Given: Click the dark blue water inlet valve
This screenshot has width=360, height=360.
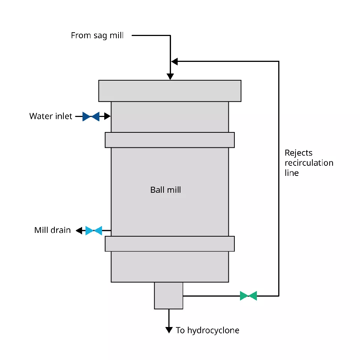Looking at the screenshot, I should [x=91, y=116].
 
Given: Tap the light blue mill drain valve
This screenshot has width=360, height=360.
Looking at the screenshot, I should [x=94, y=231].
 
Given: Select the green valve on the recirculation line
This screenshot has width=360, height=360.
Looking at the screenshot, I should [x=248, y=296].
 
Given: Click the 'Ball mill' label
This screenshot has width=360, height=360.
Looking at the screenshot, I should [x=165, y=190].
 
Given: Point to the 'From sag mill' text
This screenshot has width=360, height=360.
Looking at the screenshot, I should [x=97, y=36].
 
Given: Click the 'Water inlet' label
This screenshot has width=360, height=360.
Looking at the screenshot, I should [x=51, y=116].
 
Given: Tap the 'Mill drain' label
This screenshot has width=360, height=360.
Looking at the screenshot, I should [x=52, y=230].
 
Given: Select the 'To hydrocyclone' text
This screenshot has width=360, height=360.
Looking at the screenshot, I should [x=207, y=330].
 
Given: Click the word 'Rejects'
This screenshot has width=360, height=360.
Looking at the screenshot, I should [x=298, y=153].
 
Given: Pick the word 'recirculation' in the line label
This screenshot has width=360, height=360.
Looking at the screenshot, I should [x=309, y=163].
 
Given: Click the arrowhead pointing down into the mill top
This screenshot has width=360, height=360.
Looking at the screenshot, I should [x=170, y=76].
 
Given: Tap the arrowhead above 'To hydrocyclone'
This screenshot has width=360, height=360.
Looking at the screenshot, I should [x=169, y=330].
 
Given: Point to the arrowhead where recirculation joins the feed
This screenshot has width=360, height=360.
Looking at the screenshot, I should [x=174, y=61].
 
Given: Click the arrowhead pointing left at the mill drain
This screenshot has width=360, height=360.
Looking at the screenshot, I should [x=79, y=231].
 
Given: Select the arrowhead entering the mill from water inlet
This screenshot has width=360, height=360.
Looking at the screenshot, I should [x=108, y=116].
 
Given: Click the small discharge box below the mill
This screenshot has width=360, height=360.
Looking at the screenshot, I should [x=169, y=295].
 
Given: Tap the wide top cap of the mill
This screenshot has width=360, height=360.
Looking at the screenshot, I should [x=169, y=91].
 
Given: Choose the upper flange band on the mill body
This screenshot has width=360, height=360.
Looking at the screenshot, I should [x=169, y=140].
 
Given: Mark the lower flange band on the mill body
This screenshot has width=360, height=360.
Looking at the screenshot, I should [x=169, y=244].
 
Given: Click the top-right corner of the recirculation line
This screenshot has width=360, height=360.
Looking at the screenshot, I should [x=279, y=61].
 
